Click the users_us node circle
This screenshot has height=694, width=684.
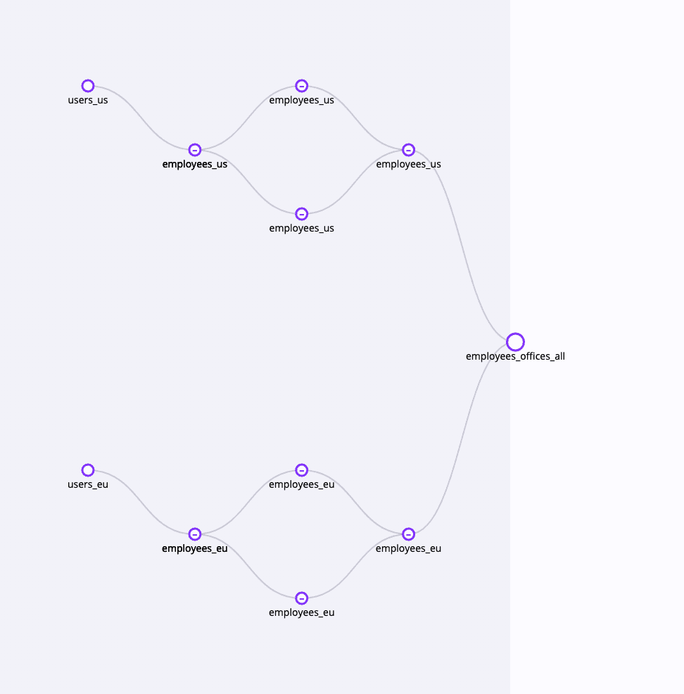pyautogui.click(x=88, y=80)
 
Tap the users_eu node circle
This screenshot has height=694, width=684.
pyautogui.click(x=88, y=465)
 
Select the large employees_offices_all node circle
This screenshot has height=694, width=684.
pyautogui.click(x=515, y=334)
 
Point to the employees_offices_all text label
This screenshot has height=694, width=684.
pyautogui.click(x=515, y=356)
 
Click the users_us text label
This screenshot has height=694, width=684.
pyautogui.click(x=88, y=100)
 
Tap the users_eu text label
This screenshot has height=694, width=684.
pyautogui.click(x=88, y=484)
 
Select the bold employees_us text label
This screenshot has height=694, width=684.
pyautogui.click(x=195, y=164)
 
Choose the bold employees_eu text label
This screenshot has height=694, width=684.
pyautogui.click(x=195, y=548)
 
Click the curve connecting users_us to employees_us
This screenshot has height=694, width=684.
pyautogui.click(x=141, y=118)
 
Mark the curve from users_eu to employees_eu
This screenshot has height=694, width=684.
pyautogui.click(x=141, y=502)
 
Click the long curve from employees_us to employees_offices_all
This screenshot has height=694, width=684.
pyautogui.click(x=462, y=246)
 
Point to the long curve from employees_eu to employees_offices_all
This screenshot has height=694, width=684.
pyautogui.click(x=462, y=439)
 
